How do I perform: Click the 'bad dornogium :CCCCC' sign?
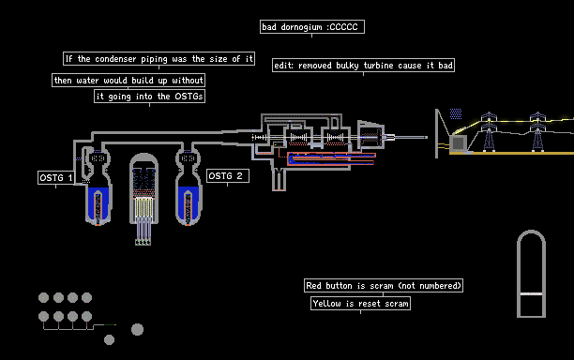pyautogui.click(x=312, y=26)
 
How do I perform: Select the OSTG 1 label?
pyautogui.click(x=56, y=177)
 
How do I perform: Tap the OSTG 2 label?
pyautogui.click(x=228, y=176)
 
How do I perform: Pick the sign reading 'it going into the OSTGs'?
pyautogui.click(x=149, y=97)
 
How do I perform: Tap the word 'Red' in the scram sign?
pyautogui.click(x=313, y=285)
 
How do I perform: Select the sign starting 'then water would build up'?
pyautogui.click(x=128, y=80)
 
